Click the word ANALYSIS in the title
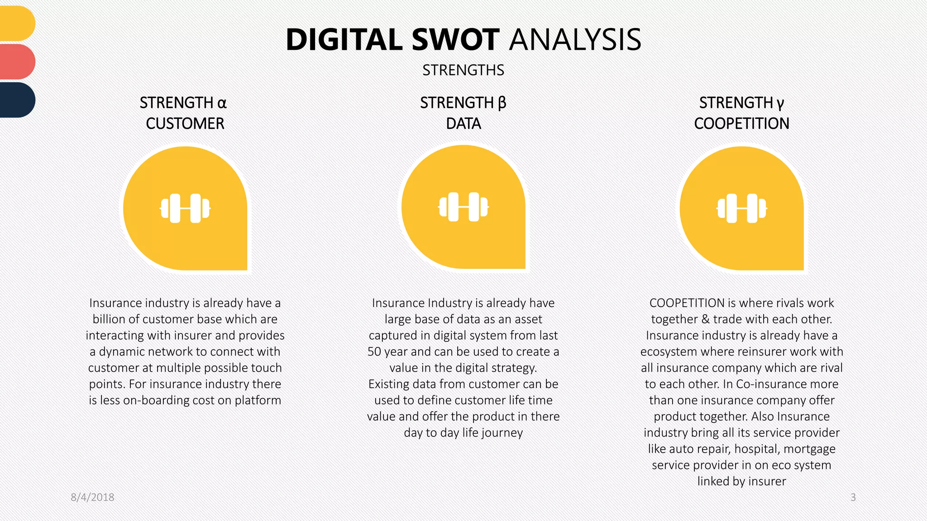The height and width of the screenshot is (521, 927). point(575,40)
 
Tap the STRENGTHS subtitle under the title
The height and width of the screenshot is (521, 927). point(463,70)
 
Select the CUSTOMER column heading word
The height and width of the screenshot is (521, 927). point(185,123)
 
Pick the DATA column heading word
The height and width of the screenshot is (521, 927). point(463,123)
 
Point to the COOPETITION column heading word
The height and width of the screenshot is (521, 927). point(741,123)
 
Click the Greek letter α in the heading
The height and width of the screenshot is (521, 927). point(222,104)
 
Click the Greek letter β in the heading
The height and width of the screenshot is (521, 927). point(502,104)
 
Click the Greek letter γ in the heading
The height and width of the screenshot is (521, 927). point(780,104)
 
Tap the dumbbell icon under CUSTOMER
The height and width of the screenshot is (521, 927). point(185,208)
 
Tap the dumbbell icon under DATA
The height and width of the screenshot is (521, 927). point(463,207)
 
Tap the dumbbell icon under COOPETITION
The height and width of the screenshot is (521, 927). point(741,208)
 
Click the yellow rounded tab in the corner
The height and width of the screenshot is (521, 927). point(17,24)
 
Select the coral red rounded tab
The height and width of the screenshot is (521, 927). point(17,62)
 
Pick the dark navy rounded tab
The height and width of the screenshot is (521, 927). point(17,99)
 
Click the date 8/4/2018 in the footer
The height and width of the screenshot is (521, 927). point(92,497)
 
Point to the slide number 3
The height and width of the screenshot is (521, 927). point(853,497)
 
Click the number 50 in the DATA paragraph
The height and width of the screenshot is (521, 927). point(374,352)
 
